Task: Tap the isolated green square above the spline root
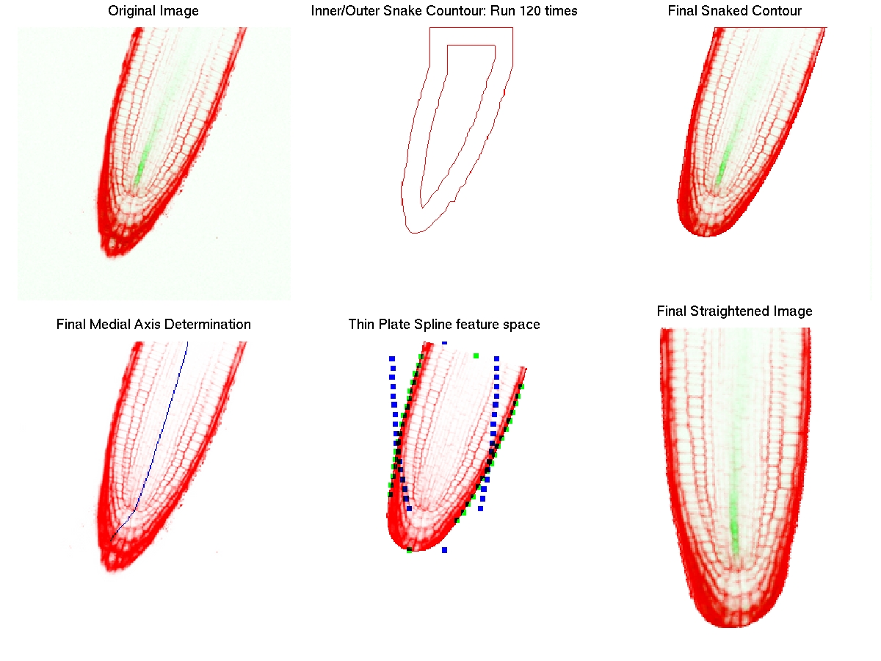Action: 476,356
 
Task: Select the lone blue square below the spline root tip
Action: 444,549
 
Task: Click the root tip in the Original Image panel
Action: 114,250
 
